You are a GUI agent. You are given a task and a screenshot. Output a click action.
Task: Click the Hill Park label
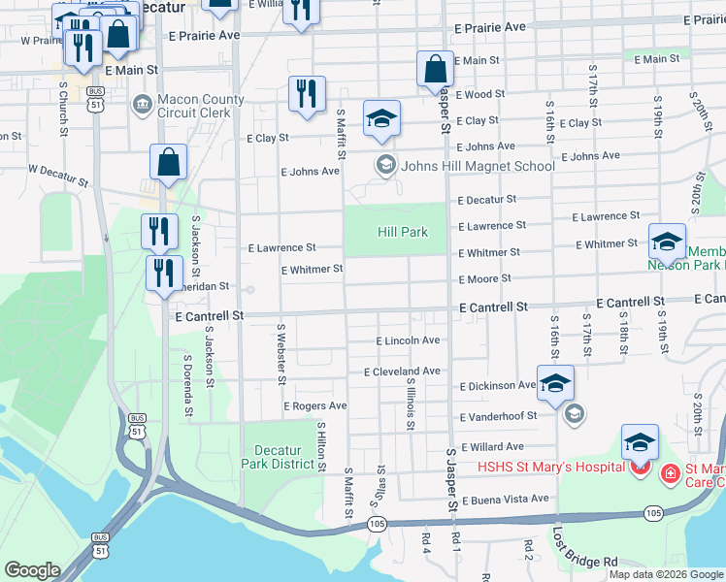(402, 232)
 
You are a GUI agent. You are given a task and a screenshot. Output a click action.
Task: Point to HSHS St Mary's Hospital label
(549, 467)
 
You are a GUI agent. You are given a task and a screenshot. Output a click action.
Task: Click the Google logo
(33, 570)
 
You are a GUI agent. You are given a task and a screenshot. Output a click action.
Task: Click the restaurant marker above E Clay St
(307, 94)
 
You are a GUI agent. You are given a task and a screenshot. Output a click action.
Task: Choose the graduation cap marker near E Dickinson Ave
(555, 383)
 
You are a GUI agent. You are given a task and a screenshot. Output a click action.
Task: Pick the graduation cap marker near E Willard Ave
(640, 442)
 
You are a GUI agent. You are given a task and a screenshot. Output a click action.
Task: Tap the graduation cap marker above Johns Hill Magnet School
(381, 118)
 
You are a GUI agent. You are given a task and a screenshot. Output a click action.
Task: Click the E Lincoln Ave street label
(408, 340)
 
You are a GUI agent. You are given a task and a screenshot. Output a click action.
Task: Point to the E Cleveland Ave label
(402, 372)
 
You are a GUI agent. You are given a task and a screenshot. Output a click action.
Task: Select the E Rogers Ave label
(314, 405)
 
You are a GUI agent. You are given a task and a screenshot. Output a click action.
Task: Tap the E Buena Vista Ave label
(505, 500)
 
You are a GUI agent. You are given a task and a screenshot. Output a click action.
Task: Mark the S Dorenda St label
(187, 386)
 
